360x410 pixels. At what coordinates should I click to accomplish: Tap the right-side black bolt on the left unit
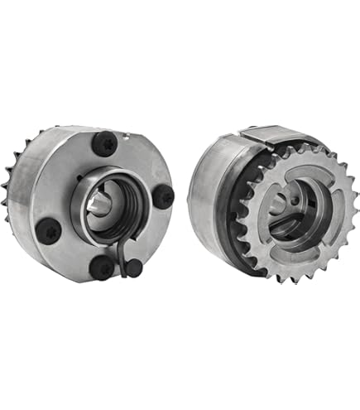164,196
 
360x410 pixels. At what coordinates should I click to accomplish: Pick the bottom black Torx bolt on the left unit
102,266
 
